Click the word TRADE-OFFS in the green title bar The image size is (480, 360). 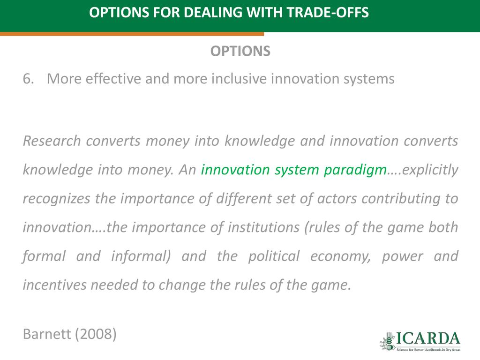(x=328, y=13)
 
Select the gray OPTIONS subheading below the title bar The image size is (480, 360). (x=240, y=51)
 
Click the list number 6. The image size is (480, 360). (x=28, y=79)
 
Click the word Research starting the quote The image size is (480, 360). (x=52, y=141)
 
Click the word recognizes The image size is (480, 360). (x=57, y=199)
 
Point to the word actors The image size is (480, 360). (x=337, y=199)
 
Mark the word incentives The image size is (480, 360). (x=55, y=285)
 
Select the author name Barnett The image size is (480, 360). (x=47, y=334)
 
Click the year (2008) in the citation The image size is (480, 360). (x=96, y=334)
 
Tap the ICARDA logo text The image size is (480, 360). (x=428, y=339)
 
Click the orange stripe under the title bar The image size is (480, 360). (x=132, y=34)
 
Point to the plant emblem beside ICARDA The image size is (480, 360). (x=388, y=341)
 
